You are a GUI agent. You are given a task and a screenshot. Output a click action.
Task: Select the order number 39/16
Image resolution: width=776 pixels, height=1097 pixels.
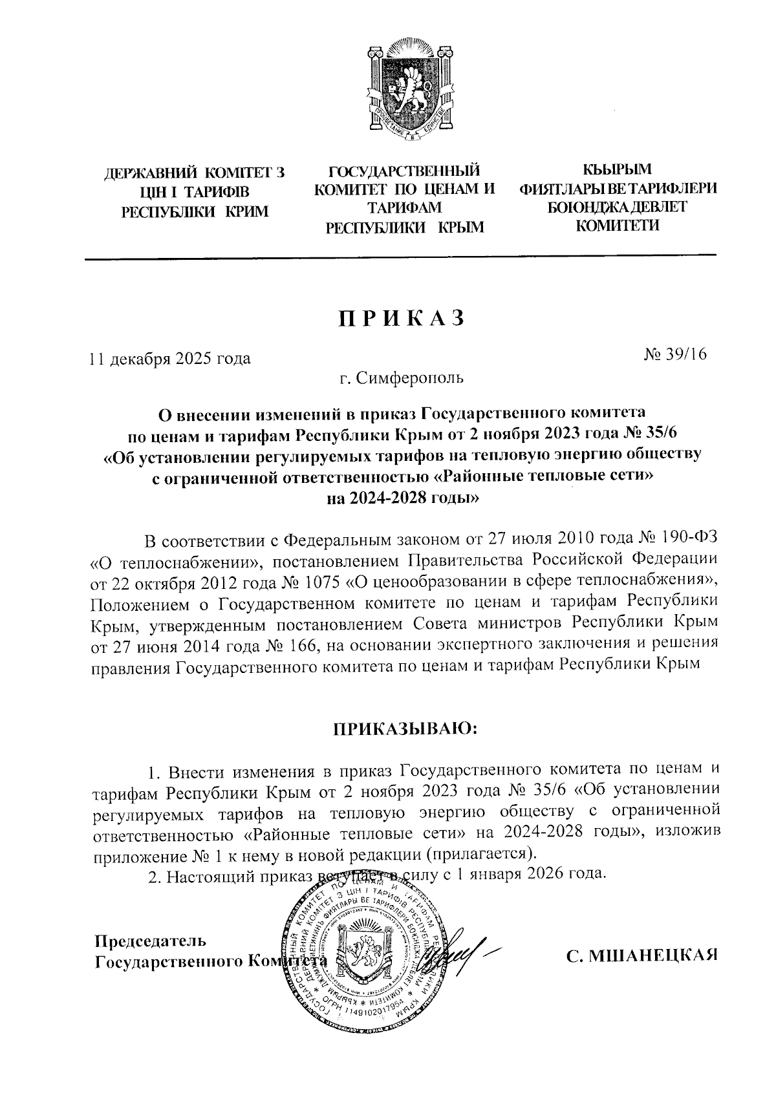(676, 354)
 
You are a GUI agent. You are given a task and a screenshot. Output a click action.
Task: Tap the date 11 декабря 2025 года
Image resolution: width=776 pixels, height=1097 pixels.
(169, 358)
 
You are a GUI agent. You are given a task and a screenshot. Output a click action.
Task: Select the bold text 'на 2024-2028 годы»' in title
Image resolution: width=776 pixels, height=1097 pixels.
(404, 499)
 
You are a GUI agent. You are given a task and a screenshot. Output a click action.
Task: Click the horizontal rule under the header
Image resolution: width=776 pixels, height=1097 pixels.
(401, 257)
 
